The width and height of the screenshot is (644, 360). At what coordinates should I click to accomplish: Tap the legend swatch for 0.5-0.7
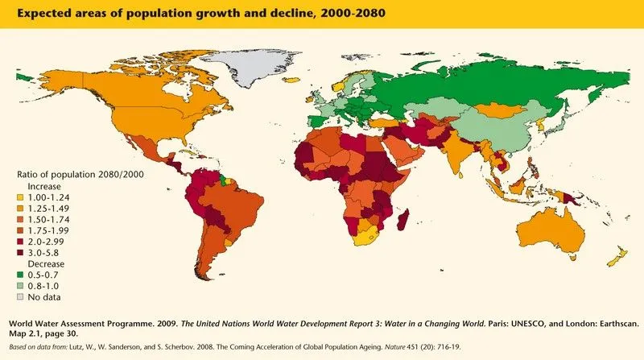[x=21, y=275]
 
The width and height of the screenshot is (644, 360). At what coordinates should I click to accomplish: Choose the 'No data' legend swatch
[x=21, y=297]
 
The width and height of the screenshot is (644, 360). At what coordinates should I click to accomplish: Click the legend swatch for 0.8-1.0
[x=21, y=286]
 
